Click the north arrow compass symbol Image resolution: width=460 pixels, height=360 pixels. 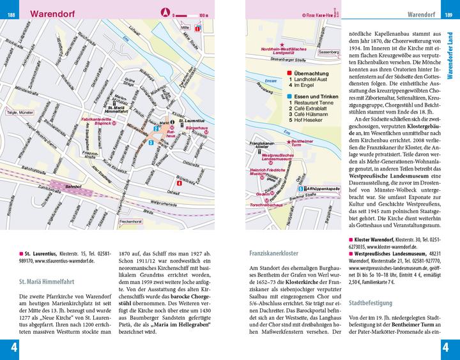(164, 12)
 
